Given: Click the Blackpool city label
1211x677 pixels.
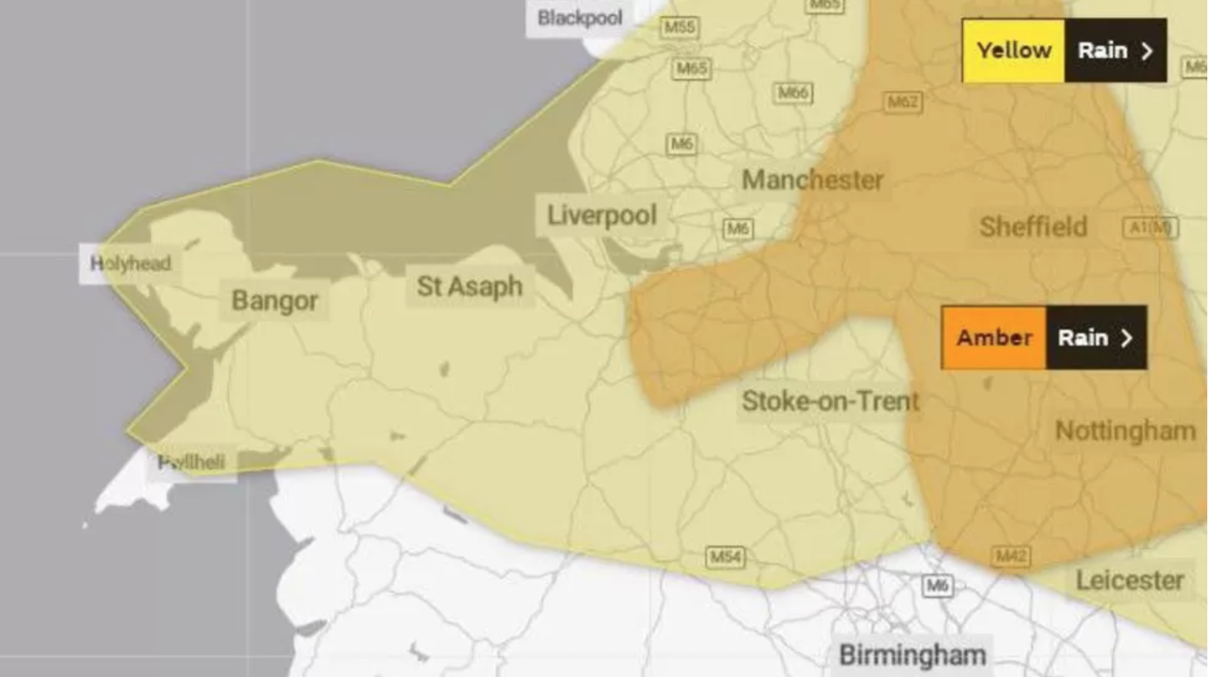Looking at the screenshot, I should coord(581,18).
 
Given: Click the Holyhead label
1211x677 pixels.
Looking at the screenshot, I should coord(131,263).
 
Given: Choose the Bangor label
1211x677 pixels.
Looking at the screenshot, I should coord(275,301).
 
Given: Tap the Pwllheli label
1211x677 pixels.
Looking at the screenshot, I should coord(192,462).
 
